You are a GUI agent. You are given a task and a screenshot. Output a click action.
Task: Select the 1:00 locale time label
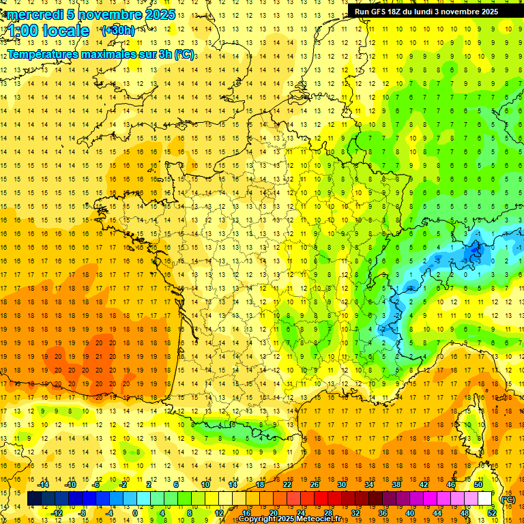49,31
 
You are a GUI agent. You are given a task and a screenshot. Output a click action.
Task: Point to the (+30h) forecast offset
118,31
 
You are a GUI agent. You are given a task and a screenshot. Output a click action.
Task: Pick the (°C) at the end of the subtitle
186,54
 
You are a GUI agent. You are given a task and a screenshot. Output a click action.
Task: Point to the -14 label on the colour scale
43,484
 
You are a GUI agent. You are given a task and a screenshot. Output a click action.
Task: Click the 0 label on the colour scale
135,513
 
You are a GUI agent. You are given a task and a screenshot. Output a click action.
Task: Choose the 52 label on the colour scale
492,513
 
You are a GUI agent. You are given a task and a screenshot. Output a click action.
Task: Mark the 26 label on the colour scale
315,484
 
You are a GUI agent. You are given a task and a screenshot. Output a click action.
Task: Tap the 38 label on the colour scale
396,484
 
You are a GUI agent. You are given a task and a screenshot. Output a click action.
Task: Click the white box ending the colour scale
485,499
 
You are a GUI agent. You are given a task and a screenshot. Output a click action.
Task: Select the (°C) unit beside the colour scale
508,499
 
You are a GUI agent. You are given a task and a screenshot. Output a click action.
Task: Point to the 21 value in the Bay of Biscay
100,356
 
